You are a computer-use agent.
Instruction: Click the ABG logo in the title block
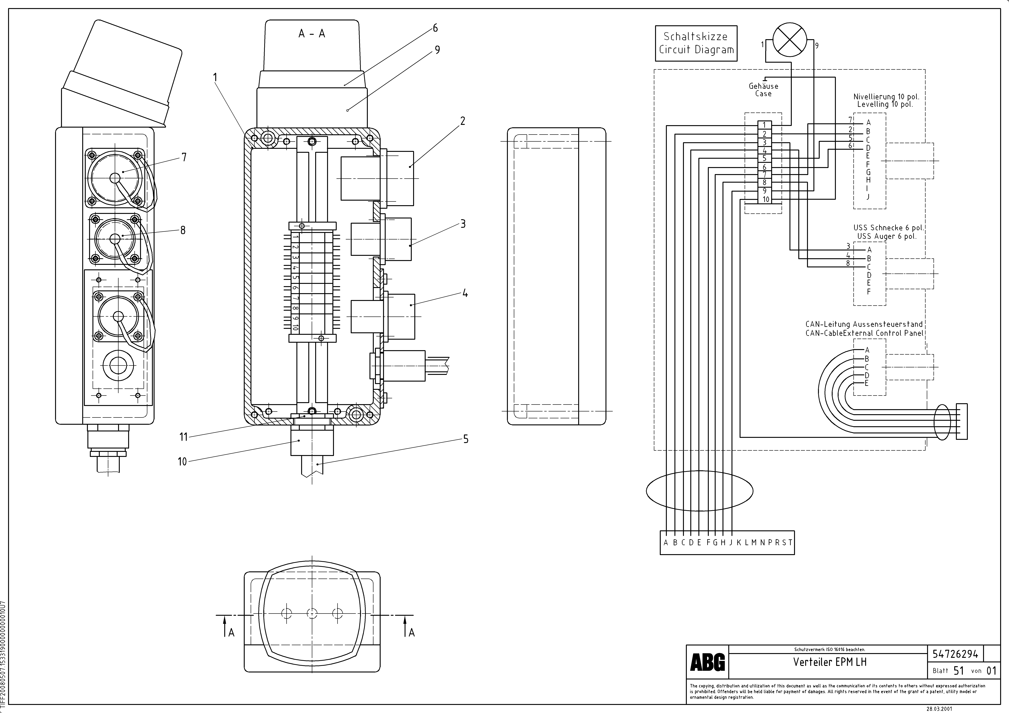(707, 662)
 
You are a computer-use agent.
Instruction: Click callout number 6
(435, 28)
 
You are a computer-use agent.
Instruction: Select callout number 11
(183, 437)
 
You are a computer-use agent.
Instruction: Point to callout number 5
(466, 439)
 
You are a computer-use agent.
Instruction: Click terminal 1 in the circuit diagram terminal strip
(764, 125)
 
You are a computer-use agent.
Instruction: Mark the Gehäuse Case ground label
(763, 90)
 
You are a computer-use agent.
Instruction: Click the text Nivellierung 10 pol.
(886, 97)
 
